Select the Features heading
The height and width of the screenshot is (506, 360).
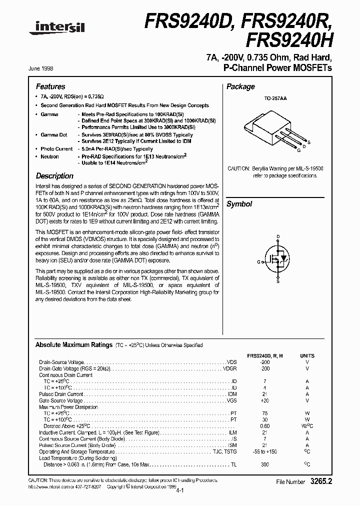[50, 86]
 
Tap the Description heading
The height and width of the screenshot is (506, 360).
[54, 176]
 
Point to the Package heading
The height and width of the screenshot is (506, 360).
[240, 86]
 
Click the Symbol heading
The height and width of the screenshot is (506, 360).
[239, 204]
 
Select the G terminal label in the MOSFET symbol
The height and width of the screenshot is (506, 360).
[259, 261]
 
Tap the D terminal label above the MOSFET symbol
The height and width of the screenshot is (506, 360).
[278, 236]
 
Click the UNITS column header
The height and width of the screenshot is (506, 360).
[307, 355]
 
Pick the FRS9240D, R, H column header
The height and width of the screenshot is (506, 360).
[265, 355]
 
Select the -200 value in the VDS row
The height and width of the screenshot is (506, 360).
[265, 361]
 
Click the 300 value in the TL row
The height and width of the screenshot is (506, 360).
[265, 464]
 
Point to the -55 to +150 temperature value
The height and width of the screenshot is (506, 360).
[265, 451]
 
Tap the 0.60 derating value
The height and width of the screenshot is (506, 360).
[265, 425]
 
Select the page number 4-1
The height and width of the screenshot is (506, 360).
[179, 491]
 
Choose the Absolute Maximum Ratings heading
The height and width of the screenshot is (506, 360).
[73, 345]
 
